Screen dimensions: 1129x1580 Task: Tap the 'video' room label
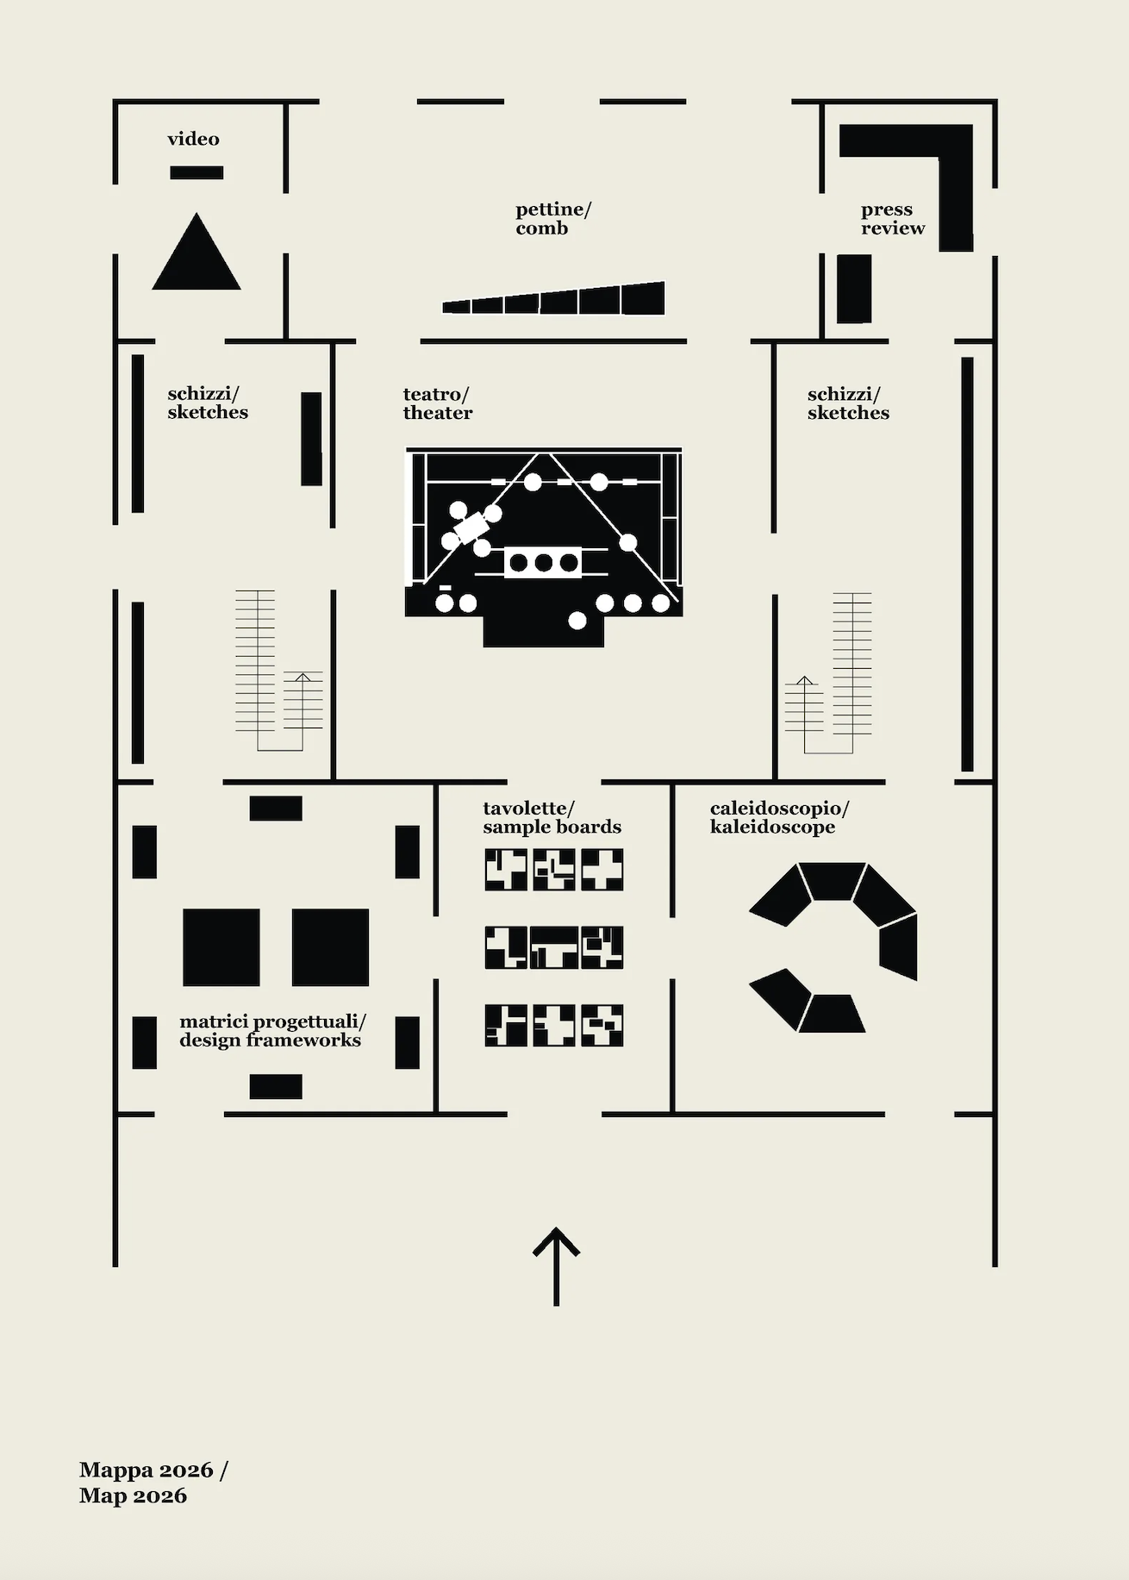click(x=193, y=139)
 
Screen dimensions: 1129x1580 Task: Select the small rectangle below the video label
click(x=196, y=172)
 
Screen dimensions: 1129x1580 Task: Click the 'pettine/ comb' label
click(x=553, y=218)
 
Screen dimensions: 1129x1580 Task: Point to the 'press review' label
click(x=892, y=218)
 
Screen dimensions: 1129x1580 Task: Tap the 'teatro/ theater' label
click(x=437, y=403)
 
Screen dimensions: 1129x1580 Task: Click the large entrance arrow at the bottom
click(x=556, y=1265)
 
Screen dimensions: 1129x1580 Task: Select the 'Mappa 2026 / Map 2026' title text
click(x=153, y=1483)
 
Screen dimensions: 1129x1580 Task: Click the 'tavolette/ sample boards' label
click(x=552, y=817)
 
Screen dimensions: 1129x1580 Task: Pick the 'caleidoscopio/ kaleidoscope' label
click(x=779, y=817)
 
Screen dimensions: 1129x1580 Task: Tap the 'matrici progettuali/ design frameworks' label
click(x=272, y=1030)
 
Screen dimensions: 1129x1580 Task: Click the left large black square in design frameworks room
click(x=221, y=947)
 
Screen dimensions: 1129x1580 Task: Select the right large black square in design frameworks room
click(x=330, y=947)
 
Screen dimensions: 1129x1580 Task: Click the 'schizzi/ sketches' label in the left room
click(x=208, y=403)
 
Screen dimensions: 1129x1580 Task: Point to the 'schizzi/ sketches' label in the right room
click(x=848, y=403)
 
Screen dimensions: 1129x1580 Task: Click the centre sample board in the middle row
click(x=553, y=947)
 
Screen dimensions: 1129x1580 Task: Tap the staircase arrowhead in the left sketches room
click(x=303, y=678)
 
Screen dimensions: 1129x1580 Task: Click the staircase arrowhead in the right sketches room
click(x=804, y=680)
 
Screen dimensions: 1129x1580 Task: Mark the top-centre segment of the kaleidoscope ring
click(x=832, y=881)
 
